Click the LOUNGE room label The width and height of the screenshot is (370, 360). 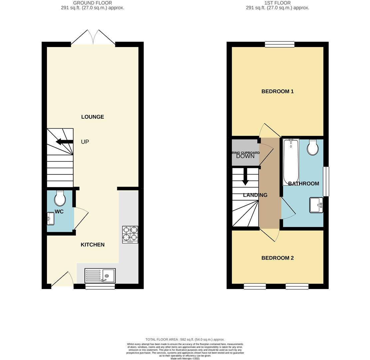[x=93, y=117]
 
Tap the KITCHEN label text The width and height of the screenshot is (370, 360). [x=93, y=245]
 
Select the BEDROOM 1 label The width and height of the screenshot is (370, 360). [x=277, y=91]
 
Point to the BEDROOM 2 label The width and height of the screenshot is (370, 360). [x=277, y=258]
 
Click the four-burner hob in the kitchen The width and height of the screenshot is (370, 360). [x=130, y=234]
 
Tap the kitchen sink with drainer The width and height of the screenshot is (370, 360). [x=100, y=276]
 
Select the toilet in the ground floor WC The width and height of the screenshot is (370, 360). [x=60, y=198]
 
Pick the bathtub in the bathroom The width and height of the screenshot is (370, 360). [x=291, y=162]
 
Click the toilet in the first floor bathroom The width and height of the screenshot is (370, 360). [x=312, y=147]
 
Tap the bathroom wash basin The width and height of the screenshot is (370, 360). [x=316, y=205]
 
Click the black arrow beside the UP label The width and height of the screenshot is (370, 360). [x=64, y=142]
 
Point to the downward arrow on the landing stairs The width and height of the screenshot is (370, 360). [x=245, y=176]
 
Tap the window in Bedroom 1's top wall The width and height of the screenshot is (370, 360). [x=279, y=44]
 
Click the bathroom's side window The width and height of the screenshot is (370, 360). [x=326, y=181]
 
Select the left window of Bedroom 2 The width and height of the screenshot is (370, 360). [x=255, y=286]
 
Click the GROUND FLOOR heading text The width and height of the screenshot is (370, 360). [x=93, y=3]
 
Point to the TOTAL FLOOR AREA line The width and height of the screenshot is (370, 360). [x=185, y=339]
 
